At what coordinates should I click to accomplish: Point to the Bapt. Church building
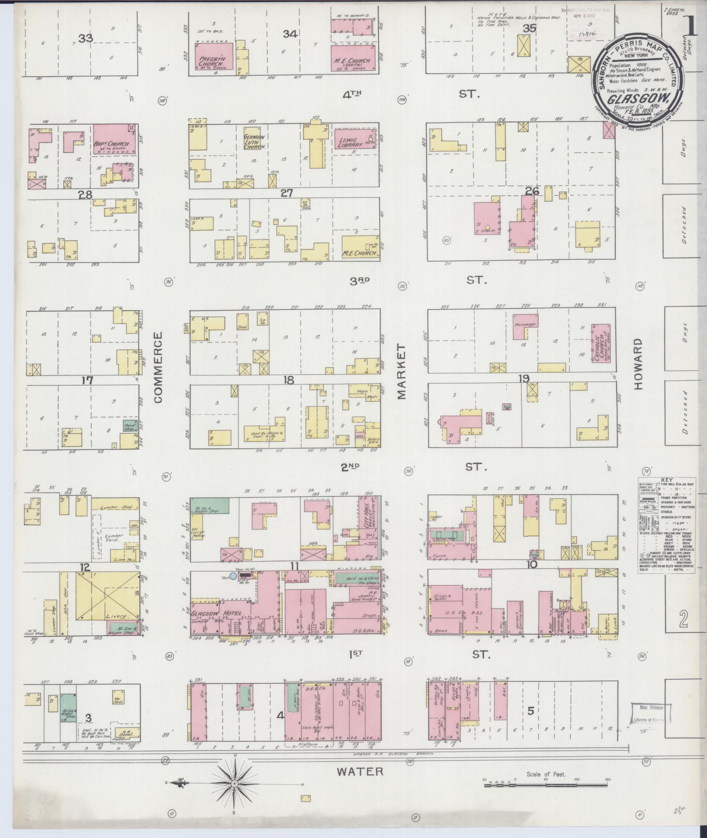click(114, 140)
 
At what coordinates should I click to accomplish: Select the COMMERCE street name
click(158, 367)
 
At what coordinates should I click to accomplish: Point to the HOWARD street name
click(637, 364)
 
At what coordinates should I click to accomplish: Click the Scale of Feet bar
click(546, 785)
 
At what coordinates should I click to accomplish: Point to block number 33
click(85, 39)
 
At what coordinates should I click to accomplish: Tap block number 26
click(532, 191)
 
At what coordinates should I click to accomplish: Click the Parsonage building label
click(525, 325)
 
